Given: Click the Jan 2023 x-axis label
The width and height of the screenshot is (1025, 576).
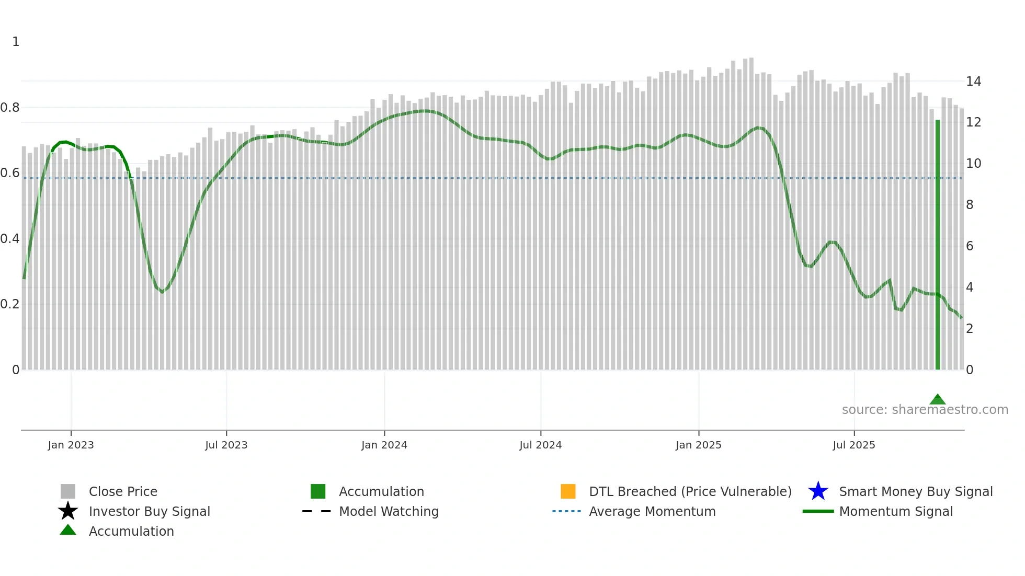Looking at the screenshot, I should (x=71, y=445).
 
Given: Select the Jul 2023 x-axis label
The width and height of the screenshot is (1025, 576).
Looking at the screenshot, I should (x=226, y=445).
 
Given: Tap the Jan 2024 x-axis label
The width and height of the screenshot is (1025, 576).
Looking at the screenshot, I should (x=384, y=445).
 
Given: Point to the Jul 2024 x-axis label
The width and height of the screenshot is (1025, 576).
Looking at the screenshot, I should (x=540, y=445).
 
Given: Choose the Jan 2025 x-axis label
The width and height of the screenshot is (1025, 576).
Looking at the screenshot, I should (x=698, y=445).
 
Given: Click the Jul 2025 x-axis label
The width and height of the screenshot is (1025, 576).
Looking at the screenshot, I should (x=853, y=445).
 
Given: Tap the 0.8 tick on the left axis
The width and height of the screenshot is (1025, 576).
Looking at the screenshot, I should (x=10, y=108).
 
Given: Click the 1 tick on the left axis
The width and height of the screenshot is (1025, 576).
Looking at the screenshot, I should (x=16, y=42).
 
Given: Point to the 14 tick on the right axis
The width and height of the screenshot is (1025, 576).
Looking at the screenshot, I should (x=973, y=82).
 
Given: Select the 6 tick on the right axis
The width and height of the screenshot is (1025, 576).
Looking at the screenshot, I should (x=970, y=246).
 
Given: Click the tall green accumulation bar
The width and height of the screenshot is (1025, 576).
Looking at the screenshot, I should (x=937, y=246).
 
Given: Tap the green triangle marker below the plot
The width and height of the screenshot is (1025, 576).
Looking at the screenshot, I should (x=937, y=400).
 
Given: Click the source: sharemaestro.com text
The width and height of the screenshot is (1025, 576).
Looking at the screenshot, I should (x=925, y=410).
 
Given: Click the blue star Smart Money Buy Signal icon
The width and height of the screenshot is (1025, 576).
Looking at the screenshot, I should (x=818, y=491).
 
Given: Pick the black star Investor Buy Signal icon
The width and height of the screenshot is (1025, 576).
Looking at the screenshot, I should (x=68, y=511).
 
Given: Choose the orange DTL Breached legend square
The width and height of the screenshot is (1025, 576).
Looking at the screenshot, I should (x=568, y=491).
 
